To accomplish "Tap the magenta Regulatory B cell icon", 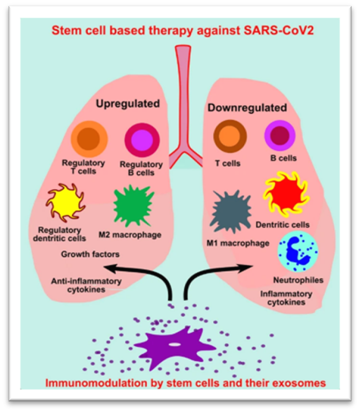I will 143,139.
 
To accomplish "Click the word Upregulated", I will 128,104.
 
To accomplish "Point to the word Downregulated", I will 246,107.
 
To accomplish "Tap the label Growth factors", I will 90,254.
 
